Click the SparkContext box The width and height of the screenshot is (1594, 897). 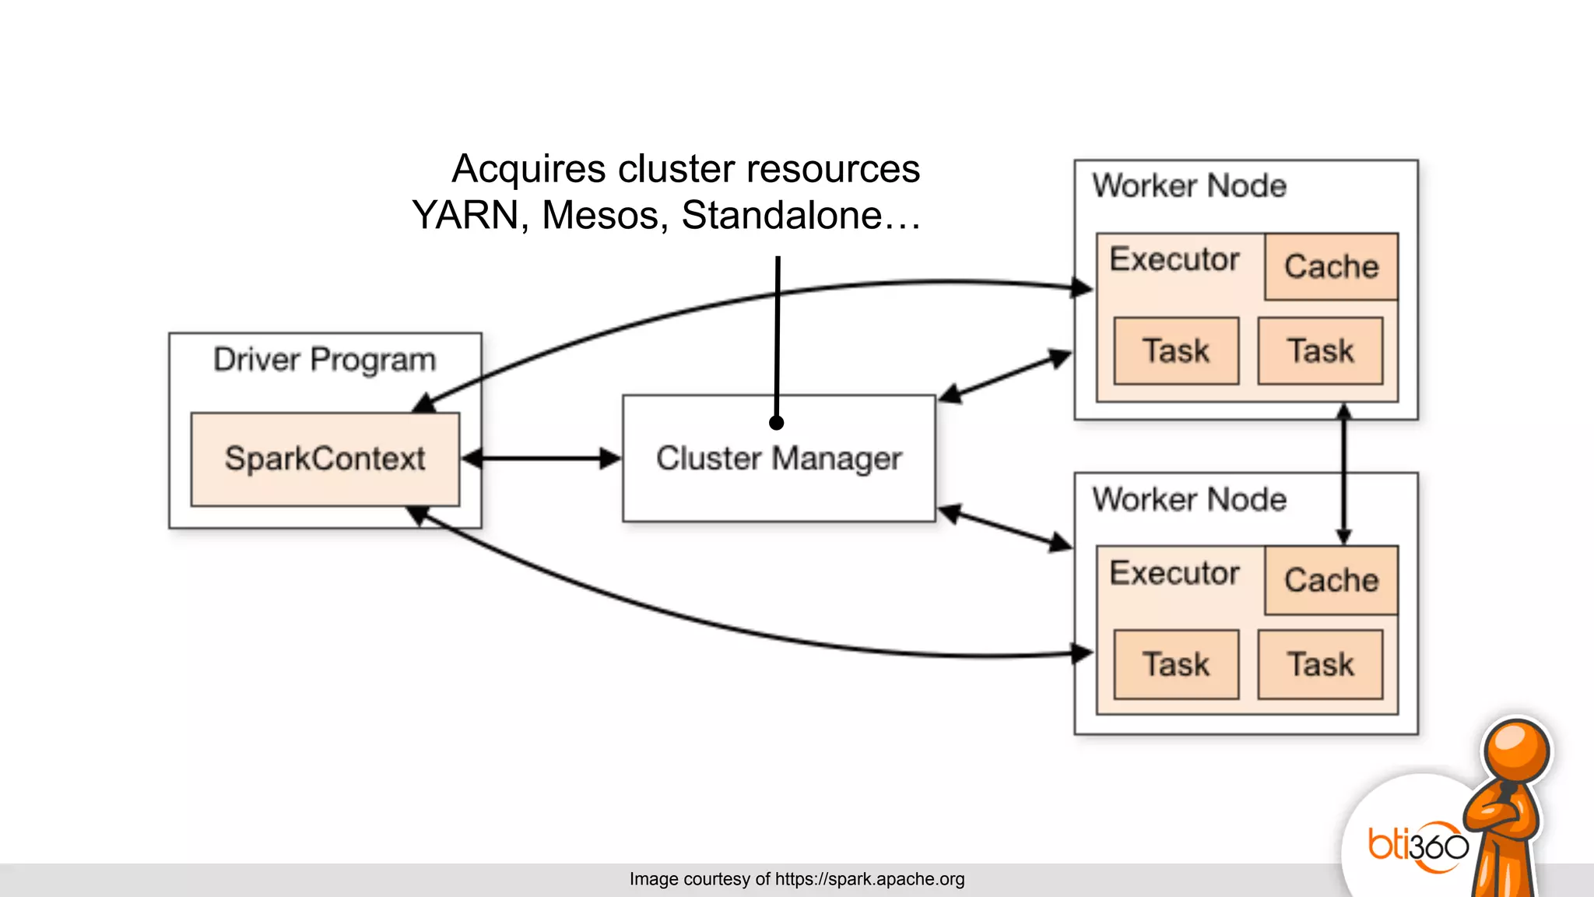coord(325,459)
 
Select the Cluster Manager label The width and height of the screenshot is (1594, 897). coord(778,459)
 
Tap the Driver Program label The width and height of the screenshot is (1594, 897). coord(325,360)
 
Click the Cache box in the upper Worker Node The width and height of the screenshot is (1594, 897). coord(1331,266)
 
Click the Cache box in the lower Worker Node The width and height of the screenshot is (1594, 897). coord(1331,580)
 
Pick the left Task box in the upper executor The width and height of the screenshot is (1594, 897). coord(1176,350)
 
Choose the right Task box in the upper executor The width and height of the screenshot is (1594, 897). coord(1320,350)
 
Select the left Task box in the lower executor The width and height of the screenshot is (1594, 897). coord(1176,664)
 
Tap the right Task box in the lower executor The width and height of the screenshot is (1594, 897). coord(1320,664)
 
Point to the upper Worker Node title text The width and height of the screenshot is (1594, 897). coord(1188,186)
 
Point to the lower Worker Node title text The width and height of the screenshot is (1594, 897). coord(1188,499)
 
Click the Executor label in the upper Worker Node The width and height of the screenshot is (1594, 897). coord(1174,259)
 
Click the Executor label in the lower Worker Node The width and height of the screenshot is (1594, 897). coord(1174,573)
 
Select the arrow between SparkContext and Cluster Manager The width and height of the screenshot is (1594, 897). coord(542,459)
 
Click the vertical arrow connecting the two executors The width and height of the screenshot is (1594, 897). coord(1343,473)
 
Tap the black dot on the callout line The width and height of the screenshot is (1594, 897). coord(776,423)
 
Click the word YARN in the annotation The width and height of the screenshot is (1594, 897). coord(465,215)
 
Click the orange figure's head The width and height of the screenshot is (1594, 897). coord(1515,751)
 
